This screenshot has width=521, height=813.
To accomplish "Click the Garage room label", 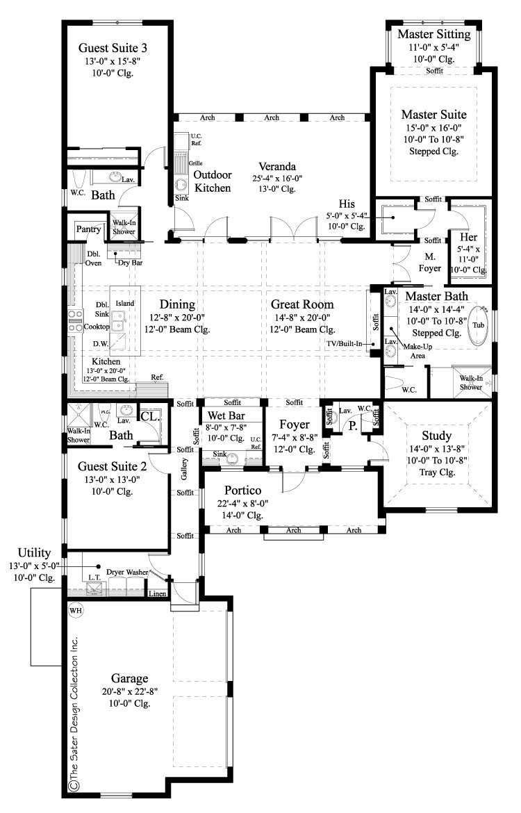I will click(131, 677).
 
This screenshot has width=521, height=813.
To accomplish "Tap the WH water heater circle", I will click(75, 610).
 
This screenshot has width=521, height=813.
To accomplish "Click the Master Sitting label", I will click(434, 34).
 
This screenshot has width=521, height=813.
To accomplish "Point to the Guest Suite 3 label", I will click(112, 49).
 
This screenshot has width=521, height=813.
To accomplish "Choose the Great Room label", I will click(302, 304).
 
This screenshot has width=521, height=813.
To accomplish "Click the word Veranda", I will click(278, 167).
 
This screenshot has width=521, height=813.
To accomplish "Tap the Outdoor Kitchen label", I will click(213, 181).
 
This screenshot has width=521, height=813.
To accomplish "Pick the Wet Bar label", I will click(223, 416).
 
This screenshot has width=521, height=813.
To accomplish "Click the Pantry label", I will click(88, 229).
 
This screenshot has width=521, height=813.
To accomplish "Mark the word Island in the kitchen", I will click(125, 304).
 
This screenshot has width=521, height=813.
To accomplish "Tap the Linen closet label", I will click(157, 593).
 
